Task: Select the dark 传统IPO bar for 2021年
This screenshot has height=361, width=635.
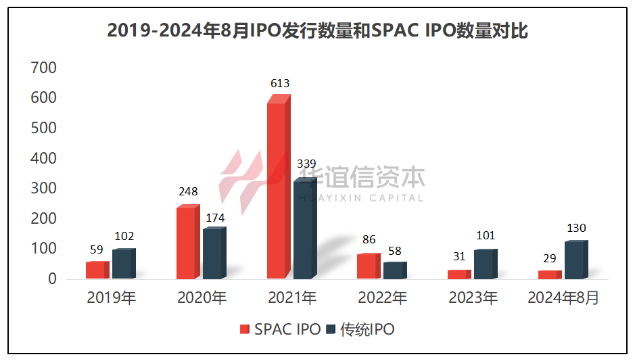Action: point(304,230)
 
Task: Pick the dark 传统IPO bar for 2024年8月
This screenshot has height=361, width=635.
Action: point(574,261)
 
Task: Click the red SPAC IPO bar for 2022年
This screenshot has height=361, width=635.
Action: point(367,267)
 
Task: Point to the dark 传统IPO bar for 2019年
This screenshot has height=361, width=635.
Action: point(122,264)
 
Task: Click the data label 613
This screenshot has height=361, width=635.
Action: point(280,84)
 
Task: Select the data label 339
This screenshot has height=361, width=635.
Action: point(307,164)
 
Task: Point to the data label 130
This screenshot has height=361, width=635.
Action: point(576,228)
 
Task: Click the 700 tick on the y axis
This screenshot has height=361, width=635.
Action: point(43,68)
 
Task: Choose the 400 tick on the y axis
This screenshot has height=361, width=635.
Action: point(43,158)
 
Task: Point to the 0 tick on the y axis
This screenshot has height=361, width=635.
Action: point(52,279)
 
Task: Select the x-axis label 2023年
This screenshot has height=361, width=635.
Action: point(473,298)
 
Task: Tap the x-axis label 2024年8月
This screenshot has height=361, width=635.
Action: point(563,298)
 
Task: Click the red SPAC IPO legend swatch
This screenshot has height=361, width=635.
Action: point(245,330)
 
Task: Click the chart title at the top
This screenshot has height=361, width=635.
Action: point(317,31)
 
